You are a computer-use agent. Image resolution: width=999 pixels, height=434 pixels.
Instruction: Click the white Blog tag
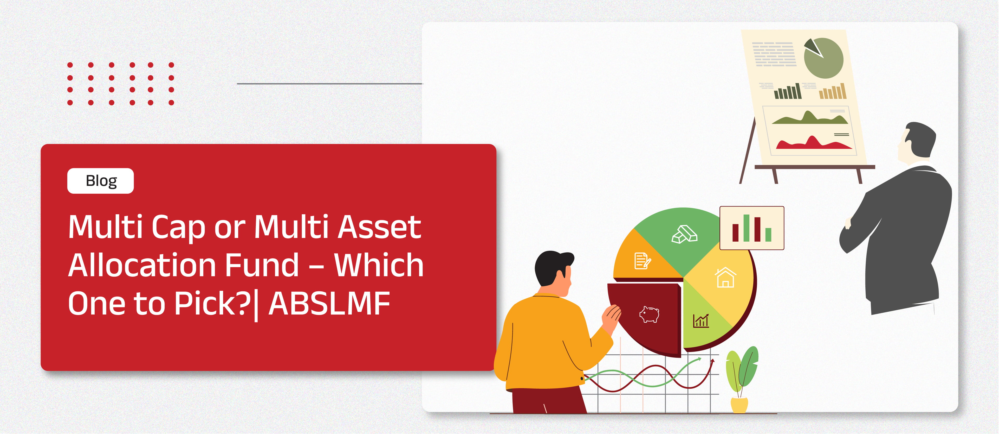tap(100, 181)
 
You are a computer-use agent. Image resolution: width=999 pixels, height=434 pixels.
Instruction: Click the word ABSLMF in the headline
tap(329, 304)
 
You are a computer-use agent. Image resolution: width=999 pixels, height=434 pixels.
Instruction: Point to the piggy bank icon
tap(649, 315)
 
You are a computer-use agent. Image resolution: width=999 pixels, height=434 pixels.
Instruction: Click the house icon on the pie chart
tap(725, 277)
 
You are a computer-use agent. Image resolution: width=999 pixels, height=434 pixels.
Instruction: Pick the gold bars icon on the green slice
tap(684, 234)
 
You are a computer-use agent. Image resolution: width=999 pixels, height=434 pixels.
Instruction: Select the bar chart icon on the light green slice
tap(701, 321)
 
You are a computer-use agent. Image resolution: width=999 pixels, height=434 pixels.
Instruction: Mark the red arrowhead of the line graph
tap(712, 361)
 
